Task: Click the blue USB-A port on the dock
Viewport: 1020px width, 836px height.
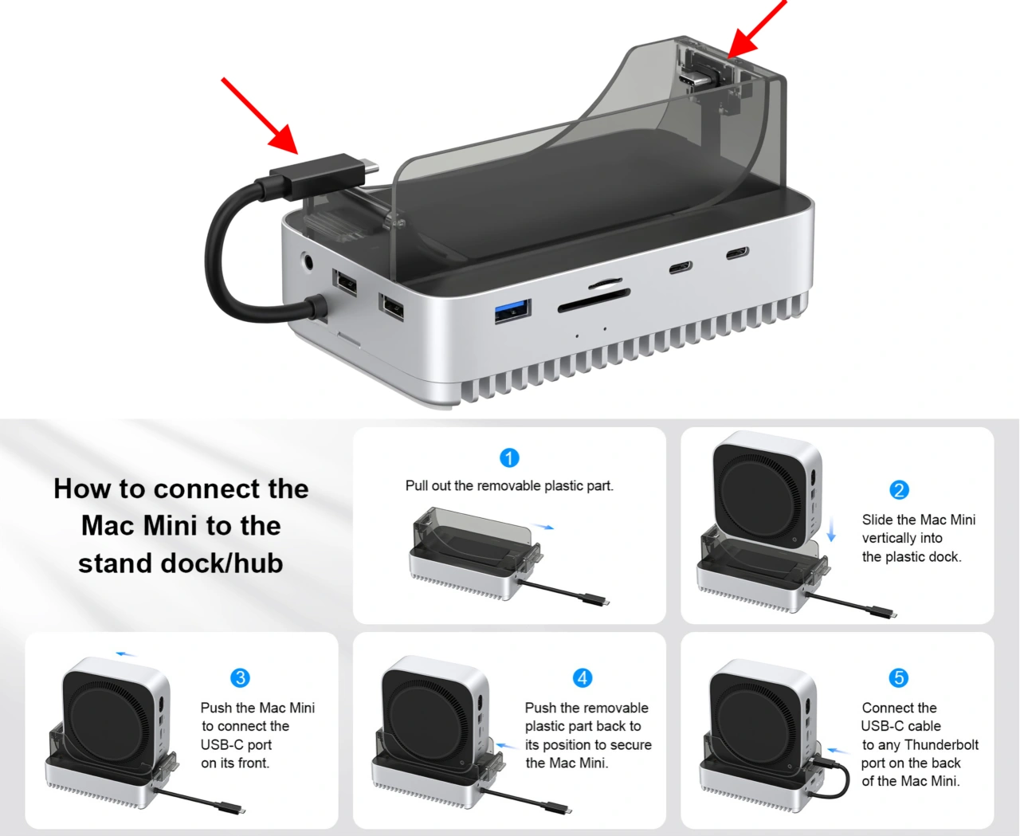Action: click(x=512, y=311)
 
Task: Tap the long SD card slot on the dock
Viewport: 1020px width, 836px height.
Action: click(x=594, y=301)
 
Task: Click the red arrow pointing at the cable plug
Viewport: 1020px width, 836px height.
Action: click(x=260, y=116)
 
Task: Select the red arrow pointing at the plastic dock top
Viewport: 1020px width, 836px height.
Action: click(x=757, y=29)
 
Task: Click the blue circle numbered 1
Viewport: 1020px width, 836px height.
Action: click(x=509, y=457)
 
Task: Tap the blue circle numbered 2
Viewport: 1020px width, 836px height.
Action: click(x=899, y=490)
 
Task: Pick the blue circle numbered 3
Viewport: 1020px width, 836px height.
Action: click(x=241, y=678)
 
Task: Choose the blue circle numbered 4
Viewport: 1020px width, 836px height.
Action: click(x=583, y=678)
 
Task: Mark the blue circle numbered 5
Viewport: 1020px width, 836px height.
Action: click(x=899, y=678)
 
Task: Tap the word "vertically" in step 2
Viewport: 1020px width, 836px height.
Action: click(x=902, y=539)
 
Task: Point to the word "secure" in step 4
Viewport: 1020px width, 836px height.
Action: click(x=627, y=744)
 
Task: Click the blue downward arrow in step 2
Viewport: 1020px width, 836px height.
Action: click(x=831, y=529)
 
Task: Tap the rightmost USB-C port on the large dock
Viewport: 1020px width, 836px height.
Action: click(x=736, y=253)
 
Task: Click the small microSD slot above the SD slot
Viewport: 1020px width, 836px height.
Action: click(x=605, y=282)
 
